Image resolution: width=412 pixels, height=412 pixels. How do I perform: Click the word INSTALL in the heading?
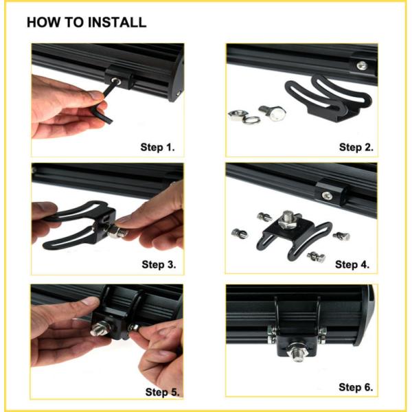[x=117, y=22]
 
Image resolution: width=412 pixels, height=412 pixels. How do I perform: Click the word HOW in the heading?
[x=43, y=22]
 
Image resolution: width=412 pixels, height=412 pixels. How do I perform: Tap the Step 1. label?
[x=158, y=147]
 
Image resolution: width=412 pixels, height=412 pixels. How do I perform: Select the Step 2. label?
[x=356, y=147]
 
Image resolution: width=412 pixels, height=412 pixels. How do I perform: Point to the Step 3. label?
[x=159, y=264]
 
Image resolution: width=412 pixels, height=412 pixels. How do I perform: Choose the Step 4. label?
[x=352, y=264]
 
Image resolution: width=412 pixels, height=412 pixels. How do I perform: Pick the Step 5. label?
[x=162, y=392]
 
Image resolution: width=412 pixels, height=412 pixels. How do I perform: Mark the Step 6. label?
[x=356, y=387]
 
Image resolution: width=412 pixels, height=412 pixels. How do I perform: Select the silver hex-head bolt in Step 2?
[x=273, y=113]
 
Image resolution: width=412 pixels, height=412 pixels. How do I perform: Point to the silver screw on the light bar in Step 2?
[x=362, y=65]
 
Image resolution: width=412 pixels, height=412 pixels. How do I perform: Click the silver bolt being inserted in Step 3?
[x=118, y=232]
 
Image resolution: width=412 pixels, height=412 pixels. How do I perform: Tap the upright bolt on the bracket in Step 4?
[x=289, y=218]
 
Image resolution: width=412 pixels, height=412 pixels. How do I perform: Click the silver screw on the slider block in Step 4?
[x=327, y=196]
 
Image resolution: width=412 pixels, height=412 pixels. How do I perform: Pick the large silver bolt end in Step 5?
[x=100, y=330]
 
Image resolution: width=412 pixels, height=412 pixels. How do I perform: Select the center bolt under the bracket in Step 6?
[x=297, y=352]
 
